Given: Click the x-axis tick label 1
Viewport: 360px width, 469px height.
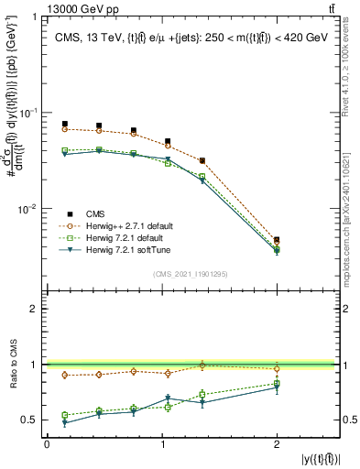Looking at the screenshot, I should (x=162, y=443).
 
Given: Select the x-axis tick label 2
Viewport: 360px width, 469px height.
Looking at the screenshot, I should (x=277, y=443).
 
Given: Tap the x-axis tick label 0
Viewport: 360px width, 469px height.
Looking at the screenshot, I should (x=47, y=443).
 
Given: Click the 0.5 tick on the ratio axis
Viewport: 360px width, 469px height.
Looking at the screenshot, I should (x=33, y=420).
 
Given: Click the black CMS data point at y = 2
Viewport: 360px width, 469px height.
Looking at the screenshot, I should (x=277, y=240).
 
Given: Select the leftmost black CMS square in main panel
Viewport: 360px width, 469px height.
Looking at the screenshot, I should (x=64, y=124).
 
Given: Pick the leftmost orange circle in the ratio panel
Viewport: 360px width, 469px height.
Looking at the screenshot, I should (x=64, y=375).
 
